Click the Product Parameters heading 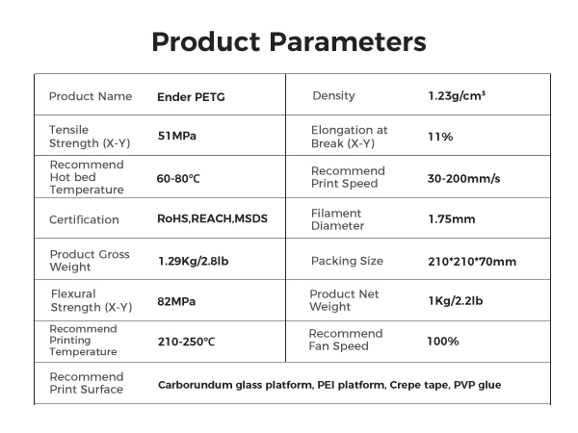click(289, 42)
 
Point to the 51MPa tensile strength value click(176, 137)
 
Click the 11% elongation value click(440, 137)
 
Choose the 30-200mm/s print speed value click(463, 178)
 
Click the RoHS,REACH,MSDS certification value click(212, 219)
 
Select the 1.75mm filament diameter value click(451, 219)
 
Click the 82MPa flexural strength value click(176, 301)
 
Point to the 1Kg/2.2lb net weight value click(456, 301)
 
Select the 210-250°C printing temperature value click(186, 342)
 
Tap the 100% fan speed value click(443, 342)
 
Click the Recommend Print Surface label click(86, 383)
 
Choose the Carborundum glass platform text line click(328, 384)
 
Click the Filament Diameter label click(337, 219)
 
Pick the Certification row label click(84, 219)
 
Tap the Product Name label click(90, 96)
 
